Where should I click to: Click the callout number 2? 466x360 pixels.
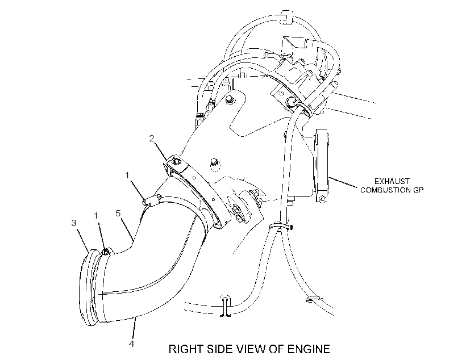tap(152, 139)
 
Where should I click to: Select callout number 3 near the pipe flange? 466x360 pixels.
tap(74, 223)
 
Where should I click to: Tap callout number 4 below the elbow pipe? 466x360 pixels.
tap(131, 344)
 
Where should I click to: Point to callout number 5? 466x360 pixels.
tap(118, 214)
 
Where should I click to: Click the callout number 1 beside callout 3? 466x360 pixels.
tap(96, 215)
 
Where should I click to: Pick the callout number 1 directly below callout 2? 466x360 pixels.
tap(127, 175)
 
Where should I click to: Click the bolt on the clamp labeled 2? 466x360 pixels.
tap(176, 161)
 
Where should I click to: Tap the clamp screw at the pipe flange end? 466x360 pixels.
tap(105, 252)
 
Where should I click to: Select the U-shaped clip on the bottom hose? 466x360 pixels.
tap(226, 305)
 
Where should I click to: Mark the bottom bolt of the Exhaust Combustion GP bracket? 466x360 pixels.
tap(322, 199)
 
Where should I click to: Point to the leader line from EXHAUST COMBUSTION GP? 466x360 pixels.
tap(343, 182)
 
